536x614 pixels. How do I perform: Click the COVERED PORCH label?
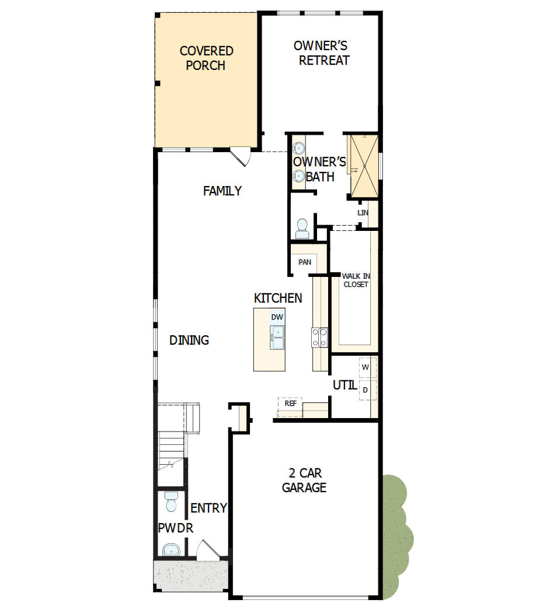[206, 58]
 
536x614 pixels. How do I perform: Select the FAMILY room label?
[222, 191]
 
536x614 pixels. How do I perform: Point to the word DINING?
[189, 340]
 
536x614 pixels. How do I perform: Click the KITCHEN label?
[278, 298]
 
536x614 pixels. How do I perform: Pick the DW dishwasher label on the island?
[277, 317]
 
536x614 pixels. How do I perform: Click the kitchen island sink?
[277, 338]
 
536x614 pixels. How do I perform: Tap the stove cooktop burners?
[319, 338]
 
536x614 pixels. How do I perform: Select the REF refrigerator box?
[290, 403]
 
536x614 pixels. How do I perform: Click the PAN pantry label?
[305, 262]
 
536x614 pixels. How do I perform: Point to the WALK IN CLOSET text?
[355, 280]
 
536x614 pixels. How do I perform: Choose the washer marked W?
[366, 367]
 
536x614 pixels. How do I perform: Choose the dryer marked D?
[366, 390]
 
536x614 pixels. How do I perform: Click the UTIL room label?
[344, 385]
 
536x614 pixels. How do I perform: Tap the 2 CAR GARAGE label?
[304, 480]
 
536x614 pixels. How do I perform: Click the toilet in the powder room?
[171, 501]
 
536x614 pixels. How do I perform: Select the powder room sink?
[170, 549]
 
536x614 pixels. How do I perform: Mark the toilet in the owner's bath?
[302, 228]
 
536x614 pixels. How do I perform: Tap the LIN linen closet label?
[363, 213]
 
